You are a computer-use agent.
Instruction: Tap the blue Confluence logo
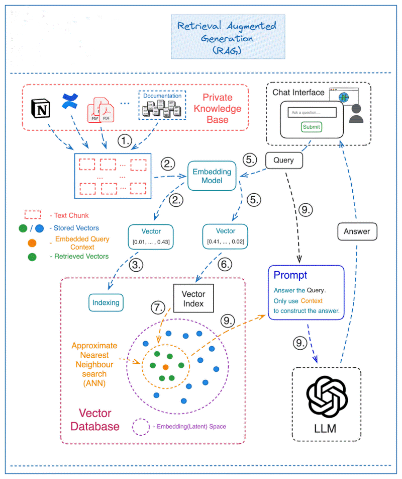(68, 101)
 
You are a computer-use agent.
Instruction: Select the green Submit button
(311, 127)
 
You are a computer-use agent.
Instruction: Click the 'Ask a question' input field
(311, 112)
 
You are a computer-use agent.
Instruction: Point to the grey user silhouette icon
(356, 114)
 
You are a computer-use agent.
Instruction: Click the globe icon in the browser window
(344, 97)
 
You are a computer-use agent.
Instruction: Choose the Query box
(283, 161)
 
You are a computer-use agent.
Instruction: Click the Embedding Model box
(212, 176)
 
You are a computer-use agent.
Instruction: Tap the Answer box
(356, 231)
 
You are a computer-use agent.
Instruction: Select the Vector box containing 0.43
(151, 237)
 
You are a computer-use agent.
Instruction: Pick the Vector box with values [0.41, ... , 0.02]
(225, 237)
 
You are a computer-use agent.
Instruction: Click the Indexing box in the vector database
(106, 302)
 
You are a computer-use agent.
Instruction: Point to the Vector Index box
(193, 299)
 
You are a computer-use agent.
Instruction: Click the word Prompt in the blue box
(290, 275)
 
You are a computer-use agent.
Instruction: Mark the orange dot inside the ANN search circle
(165, 367)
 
